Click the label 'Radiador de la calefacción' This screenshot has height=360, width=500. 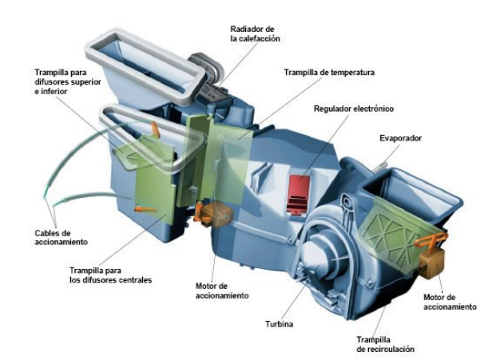[x=255, y=34]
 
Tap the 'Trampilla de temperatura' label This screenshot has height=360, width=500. [x=329, y=73]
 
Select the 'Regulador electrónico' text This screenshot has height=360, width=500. [x=354, y=109]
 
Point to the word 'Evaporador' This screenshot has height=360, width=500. [x=400, y=138]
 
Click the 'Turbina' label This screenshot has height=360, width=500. [x=279, y=324]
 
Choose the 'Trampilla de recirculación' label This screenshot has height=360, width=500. [x=385, y=344]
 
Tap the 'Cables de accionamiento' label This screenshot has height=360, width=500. [x=61, y=237]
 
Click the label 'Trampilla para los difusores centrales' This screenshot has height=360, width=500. [x=111, y=275]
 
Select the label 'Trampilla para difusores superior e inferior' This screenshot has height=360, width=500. [x=68, y=82]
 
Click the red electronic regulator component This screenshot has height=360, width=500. [x=299, y=194]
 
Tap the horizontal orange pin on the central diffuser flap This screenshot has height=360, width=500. [x=145, y=209]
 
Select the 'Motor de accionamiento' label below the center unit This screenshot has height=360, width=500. [x=222, y=291]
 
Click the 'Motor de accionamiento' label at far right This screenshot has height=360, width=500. [x=450, y=302]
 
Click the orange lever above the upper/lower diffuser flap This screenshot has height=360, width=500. [x=155, y=129]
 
